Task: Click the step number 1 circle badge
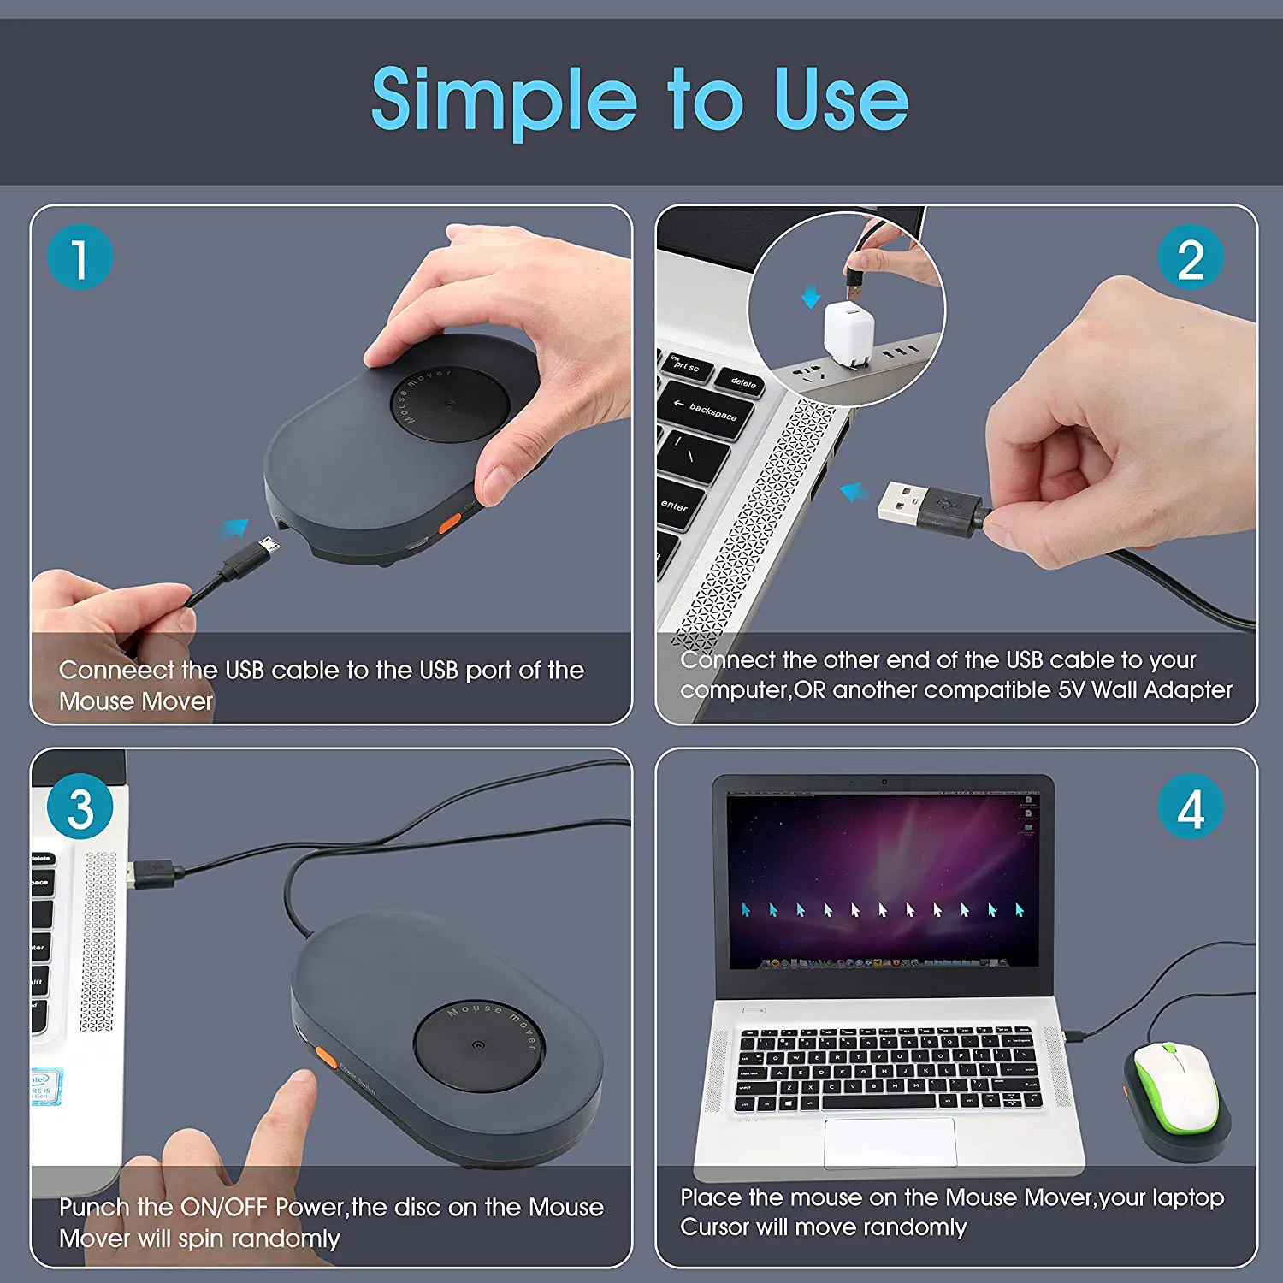pos(80,257)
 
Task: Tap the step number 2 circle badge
pos(1190,257)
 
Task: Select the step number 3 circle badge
pos(80,807)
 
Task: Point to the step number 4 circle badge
pos(1190,807)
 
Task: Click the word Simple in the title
pos(504,101)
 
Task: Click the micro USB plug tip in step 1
pos(269,546)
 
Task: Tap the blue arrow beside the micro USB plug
pos(233,528)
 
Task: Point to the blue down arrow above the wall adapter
pos(810,297)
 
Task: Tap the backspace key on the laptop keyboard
pos(707,411)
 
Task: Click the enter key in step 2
pos(678,505)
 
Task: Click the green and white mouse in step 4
pos(1176,1085)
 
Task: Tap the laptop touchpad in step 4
pos(890,1141)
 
